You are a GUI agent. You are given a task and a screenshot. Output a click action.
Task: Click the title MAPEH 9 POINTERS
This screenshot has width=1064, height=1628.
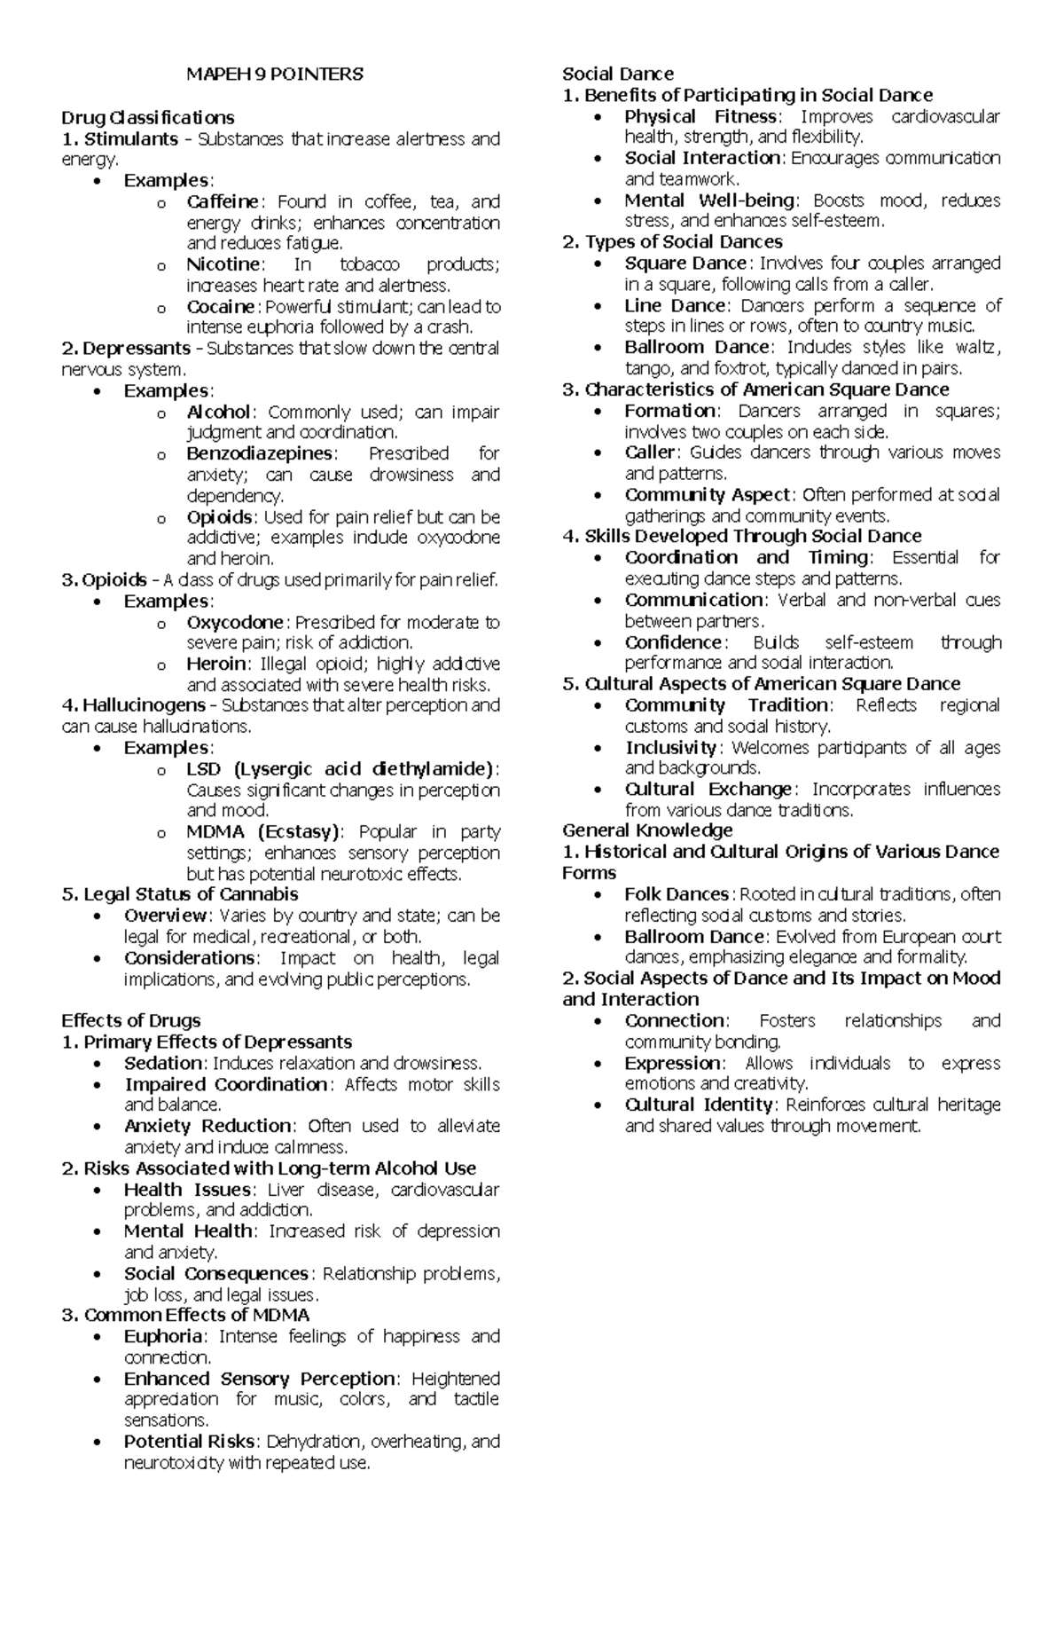pyautogui.click(x=274, y=75)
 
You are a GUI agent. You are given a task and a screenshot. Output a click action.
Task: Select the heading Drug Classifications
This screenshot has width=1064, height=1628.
pyautogui.click(x=147, y=117)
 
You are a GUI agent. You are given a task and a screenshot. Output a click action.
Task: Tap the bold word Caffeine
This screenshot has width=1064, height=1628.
pyautogui.click(x=223, y=201)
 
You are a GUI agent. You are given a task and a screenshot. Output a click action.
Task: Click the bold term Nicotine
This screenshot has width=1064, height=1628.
pyautogui.click(x=223, y=264)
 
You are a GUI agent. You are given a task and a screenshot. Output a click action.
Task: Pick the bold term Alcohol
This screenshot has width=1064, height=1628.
pyautogui.click(x=219, y=412)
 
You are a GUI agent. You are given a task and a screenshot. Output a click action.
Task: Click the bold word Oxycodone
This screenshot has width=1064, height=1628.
pyautogui.click(x=235, y=622)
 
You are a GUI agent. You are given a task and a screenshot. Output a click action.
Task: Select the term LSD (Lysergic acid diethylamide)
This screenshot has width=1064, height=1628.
pyautogui.click(x=341, y=768)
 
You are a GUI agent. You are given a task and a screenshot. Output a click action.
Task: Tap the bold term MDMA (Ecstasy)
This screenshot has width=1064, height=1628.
pyautogui.click(x=262, y=831)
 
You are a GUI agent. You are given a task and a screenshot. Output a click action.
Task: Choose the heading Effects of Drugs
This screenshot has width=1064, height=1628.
pyautogui.click(x=131, y=1020)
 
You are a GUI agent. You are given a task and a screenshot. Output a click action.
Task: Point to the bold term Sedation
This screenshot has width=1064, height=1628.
pyautogui.click(x=163, y=1063)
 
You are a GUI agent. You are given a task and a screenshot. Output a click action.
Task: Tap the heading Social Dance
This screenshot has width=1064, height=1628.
pyautogui.click(x=618, y=74)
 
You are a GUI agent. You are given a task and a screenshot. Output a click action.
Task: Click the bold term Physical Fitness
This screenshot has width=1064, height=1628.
pyautogui.click(x=701, y=116)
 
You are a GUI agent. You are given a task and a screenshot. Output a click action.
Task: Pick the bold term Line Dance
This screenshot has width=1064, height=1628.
pyautogui.click(x=676, y=305)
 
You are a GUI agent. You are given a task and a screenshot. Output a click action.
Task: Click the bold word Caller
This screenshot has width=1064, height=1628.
pyautogui.click(x=650, y=452)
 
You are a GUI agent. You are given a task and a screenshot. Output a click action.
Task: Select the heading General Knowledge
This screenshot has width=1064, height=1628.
pyautogui.click(x=647, y=830)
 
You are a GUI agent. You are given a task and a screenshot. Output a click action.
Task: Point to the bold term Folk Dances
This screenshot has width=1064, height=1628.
pyautogui.click(x=677, y=894)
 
